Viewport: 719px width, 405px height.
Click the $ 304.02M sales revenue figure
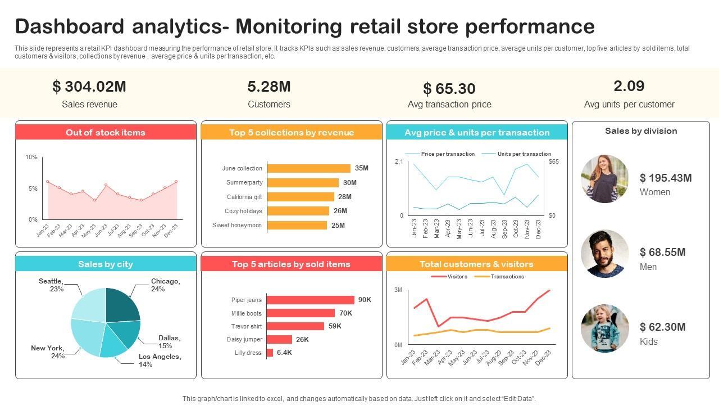click(89, 87)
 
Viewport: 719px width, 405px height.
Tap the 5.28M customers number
click(269, 87)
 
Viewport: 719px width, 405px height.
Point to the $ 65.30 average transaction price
click(449, 89)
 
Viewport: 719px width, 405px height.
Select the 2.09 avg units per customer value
click(629, 86)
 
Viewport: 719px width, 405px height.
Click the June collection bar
click(308, 168)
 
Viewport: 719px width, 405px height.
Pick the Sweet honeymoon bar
click(297, 225)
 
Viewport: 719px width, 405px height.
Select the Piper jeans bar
click(311, 300)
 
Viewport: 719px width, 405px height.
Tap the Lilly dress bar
click(270, 353)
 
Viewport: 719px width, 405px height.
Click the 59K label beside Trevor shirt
click(335, 326)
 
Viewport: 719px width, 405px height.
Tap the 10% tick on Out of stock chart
click(31, 157)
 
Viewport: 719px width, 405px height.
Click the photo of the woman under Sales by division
click(604, 179)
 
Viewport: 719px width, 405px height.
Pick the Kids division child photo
click(604, 328)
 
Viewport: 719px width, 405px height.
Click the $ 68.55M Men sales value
click(663, 253)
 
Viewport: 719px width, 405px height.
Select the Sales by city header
click(106, 264)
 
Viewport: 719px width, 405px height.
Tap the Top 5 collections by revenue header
click(292, 133)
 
